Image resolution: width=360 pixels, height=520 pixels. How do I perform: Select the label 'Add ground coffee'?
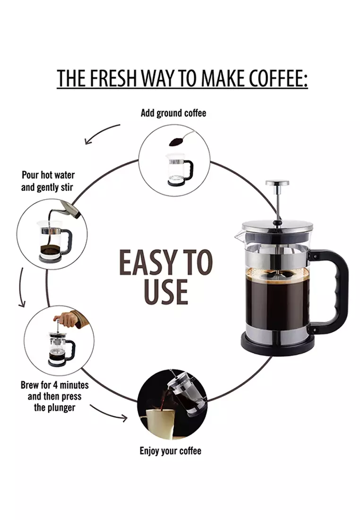click(173, 113)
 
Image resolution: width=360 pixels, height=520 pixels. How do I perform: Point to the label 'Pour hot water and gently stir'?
click(47, 181)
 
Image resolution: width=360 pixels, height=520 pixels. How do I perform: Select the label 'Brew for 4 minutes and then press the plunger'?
click(54, 396)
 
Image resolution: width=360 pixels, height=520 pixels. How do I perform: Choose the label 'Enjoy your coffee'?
click(171, 451)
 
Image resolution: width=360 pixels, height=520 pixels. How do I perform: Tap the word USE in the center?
click(166, 292)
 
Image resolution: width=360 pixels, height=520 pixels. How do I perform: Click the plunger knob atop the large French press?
click(277, 183)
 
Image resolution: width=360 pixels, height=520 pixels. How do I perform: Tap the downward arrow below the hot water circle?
click(21, 287)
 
